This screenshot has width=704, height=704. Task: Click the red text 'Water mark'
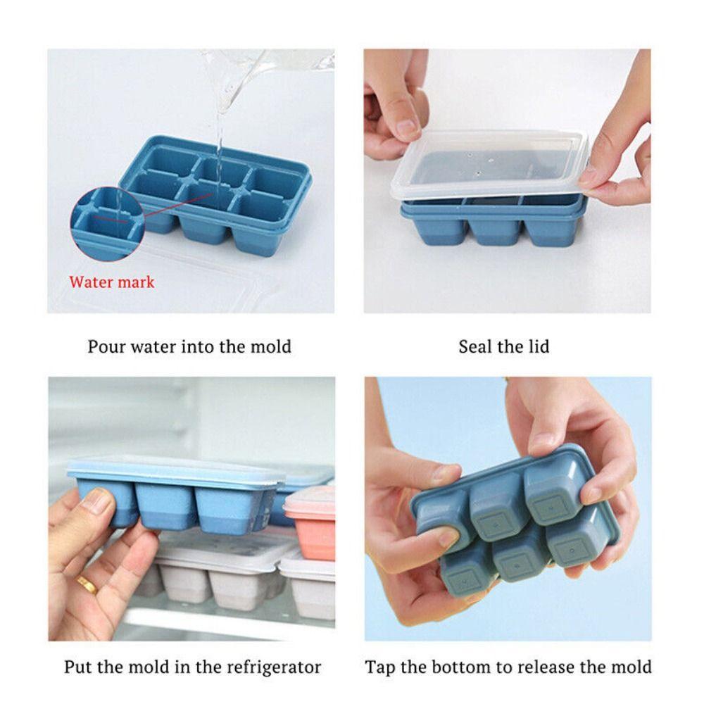point(111,282)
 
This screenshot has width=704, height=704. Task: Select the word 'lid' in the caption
point(539,347)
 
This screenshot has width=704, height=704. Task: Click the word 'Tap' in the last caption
point(379,667)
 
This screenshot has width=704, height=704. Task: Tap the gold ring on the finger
point(87,584)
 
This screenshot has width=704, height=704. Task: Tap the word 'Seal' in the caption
point(475,347)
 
